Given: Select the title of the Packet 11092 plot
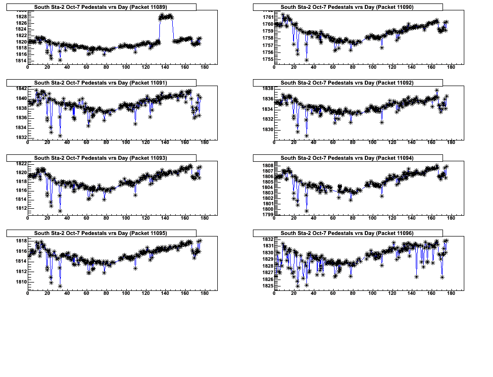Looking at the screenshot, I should pyautogui.click(x=347, y=83).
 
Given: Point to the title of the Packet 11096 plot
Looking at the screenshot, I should pyautogui.click(x=347, y=233).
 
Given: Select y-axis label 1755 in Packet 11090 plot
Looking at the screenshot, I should pyautogui.click(x=267, y=59).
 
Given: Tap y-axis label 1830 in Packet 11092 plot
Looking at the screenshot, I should pyautogui.click(x=267, y=130).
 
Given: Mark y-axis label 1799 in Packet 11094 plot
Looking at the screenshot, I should pyautogui.click(x=267, y=215).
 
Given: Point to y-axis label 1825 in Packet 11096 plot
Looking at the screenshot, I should pyautogui.click(x=267, y=286).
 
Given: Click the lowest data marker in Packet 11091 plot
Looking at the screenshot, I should pyautogui.click(x=60, y=136).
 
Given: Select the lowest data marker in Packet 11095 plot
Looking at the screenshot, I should pyautogui.click(x=60, y=286).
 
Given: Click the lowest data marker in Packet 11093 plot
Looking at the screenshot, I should pyautogui.click(x=60, y=211).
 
